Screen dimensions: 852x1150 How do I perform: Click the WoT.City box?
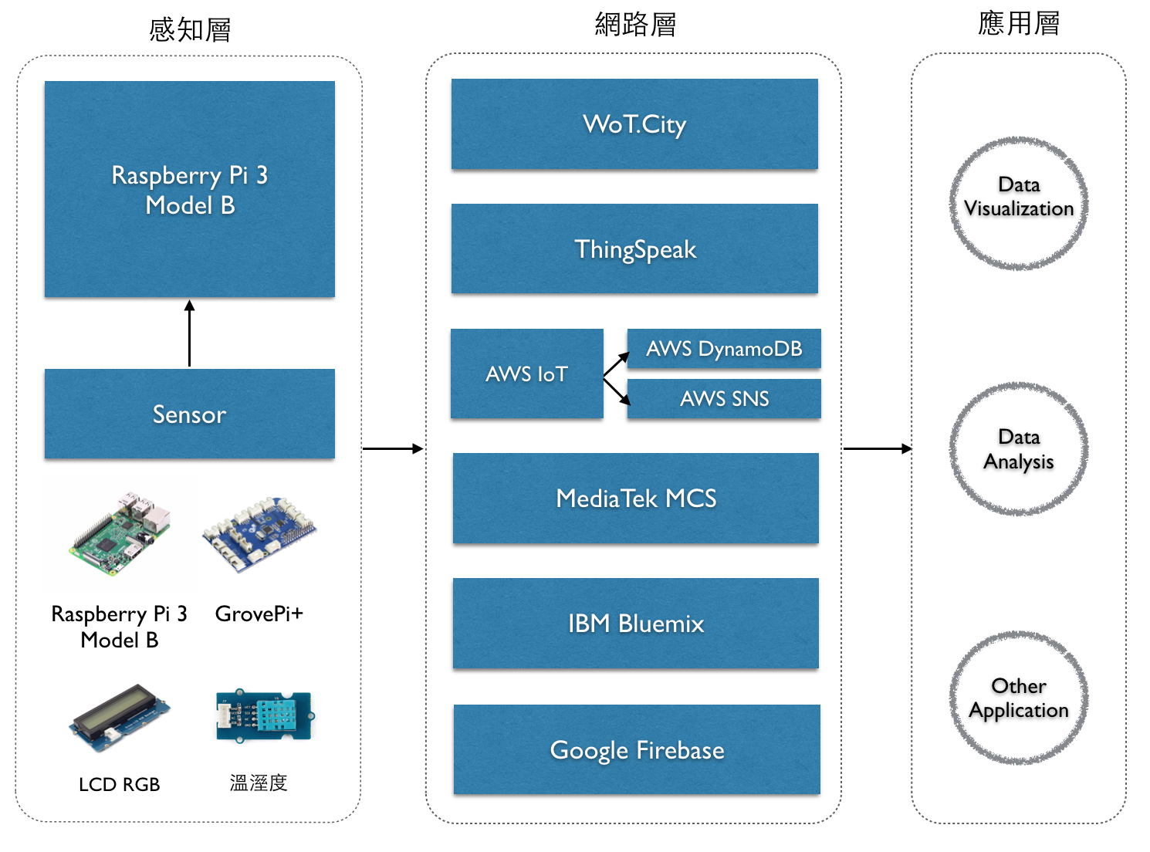(634, 124)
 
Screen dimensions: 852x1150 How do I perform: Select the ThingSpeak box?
(634, 248)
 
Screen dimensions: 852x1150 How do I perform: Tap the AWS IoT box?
(526, 374)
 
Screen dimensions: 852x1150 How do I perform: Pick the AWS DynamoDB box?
(724, 349)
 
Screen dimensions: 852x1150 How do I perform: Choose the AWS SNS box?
(724, 399)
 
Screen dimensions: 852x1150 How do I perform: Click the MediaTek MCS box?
(635, 499)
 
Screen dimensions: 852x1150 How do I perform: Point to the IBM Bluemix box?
(635, 623)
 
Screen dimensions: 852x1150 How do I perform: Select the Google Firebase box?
(637, 749)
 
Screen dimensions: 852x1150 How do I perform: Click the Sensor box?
(189, 414)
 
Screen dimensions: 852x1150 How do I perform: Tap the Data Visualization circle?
(1019, 204)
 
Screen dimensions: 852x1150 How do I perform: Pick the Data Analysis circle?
(1019, 449)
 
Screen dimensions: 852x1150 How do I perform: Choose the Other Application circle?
(1019, 698)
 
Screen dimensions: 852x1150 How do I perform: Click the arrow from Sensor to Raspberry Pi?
(189, 333)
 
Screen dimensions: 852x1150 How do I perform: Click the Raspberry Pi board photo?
(120, 532)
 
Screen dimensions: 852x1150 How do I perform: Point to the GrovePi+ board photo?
(259, 532)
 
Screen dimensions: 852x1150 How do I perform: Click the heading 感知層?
(190, 30)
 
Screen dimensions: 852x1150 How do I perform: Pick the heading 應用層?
(1018, 24)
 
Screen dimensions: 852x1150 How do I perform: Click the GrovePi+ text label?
(259, 614)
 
